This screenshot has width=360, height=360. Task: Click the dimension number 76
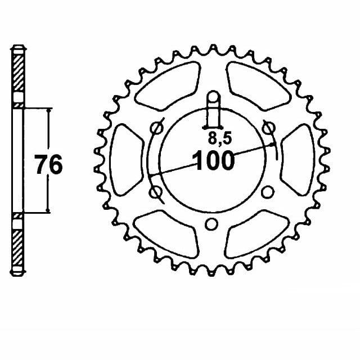click(x=48, y=165)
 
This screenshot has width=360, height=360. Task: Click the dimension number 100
click(x=214, y=161)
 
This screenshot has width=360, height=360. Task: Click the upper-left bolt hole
click(x=155, y=129)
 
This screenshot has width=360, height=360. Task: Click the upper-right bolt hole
click(x=268, y=129)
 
